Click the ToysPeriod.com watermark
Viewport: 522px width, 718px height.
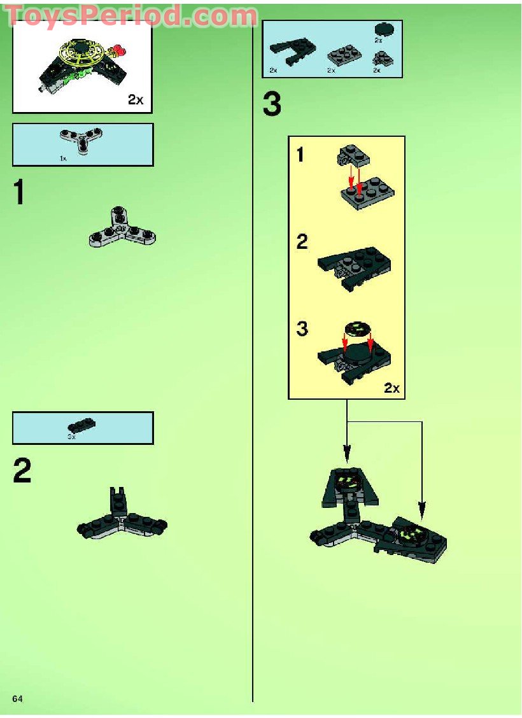pyautogui.click(x=132, y=16)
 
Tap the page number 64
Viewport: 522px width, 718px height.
pyautogui.click(x=17, y=699)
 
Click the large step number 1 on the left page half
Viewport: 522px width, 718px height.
pyautogui.click(x=21, y=192)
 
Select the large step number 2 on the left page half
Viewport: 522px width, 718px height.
pyautogui.click(x=22, y=471)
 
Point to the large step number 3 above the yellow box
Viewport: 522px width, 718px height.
pyautogui.click(x=272, y=105)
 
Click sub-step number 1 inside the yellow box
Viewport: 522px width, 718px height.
pyautogui.click(x=301, y=155)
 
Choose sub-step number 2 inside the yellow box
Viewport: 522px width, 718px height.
pyautogui.click(x=302, y=243)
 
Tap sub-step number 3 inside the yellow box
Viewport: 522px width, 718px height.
pyautogui.click(x=302, y=330)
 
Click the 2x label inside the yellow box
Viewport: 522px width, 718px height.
pyautogui.click(x=391, y=388)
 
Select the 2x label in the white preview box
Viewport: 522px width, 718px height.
pyautogui.click(x=136, y=101)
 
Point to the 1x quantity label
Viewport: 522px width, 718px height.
pyautogui.click(x=63, y=158)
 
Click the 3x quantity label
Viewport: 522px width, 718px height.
pyautogui.click(x=71, y=437)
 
